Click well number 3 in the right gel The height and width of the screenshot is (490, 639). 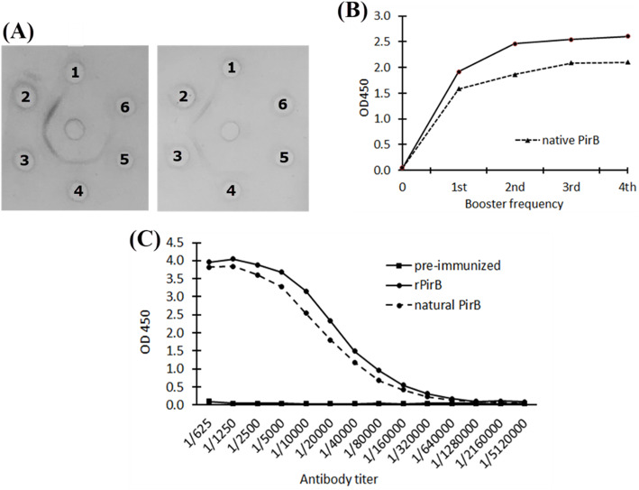pos(178,156)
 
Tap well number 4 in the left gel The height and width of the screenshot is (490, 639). pos(79,190)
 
